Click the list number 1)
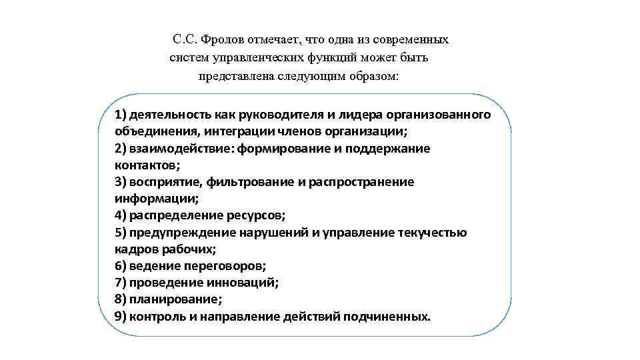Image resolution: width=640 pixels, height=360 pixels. click(121, 115)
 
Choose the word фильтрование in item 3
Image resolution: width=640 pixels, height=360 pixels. click(246, 182)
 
